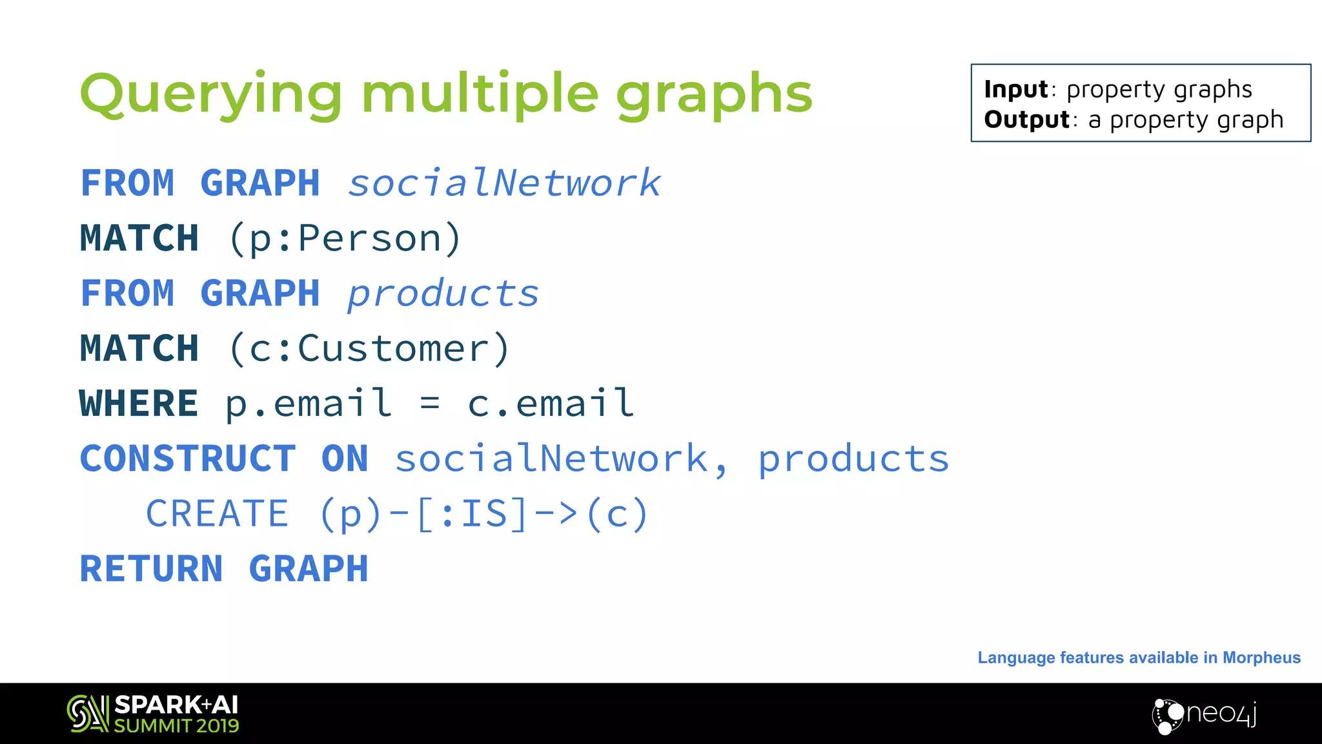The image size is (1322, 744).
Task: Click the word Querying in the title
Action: [210, 95]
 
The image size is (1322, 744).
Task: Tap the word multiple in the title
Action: [480, 95]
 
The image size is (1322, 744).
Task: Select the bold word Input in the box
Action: [1016, 89]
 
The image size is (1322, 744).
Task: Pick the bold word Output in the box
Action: [1026, 119]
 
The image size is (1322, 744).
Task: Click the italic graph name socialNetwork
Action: [504, 183]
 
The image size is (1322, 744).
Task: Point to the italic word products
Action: [443, 294]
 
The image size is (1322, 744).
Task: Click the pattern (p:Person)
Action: [345, 238]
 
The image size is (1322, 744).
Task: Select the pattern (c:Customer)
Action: [370, 349]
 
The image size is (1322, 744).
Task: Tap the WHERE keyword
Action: [139, 404]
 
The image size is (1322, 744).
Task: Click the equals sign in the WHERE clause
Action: [430, 404]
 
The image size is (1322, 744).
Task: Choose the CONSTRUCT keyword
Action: [188, 459]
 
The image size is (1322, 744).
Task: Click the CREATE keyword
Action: [217, 514]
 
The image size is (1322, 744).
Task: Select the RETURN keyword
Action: [151, 569]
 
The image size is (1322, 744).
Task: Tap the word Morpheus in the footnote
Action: [1261, 657]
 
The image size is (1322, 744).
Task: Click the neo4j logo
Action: [1205, 715]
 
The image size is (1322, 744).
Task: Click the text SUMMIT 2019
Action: [176, 726]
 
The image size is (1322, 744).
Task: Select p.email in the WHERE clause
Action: [309, 404]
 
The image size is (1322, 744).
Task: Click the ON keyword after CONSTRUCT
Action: [345, 459]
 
